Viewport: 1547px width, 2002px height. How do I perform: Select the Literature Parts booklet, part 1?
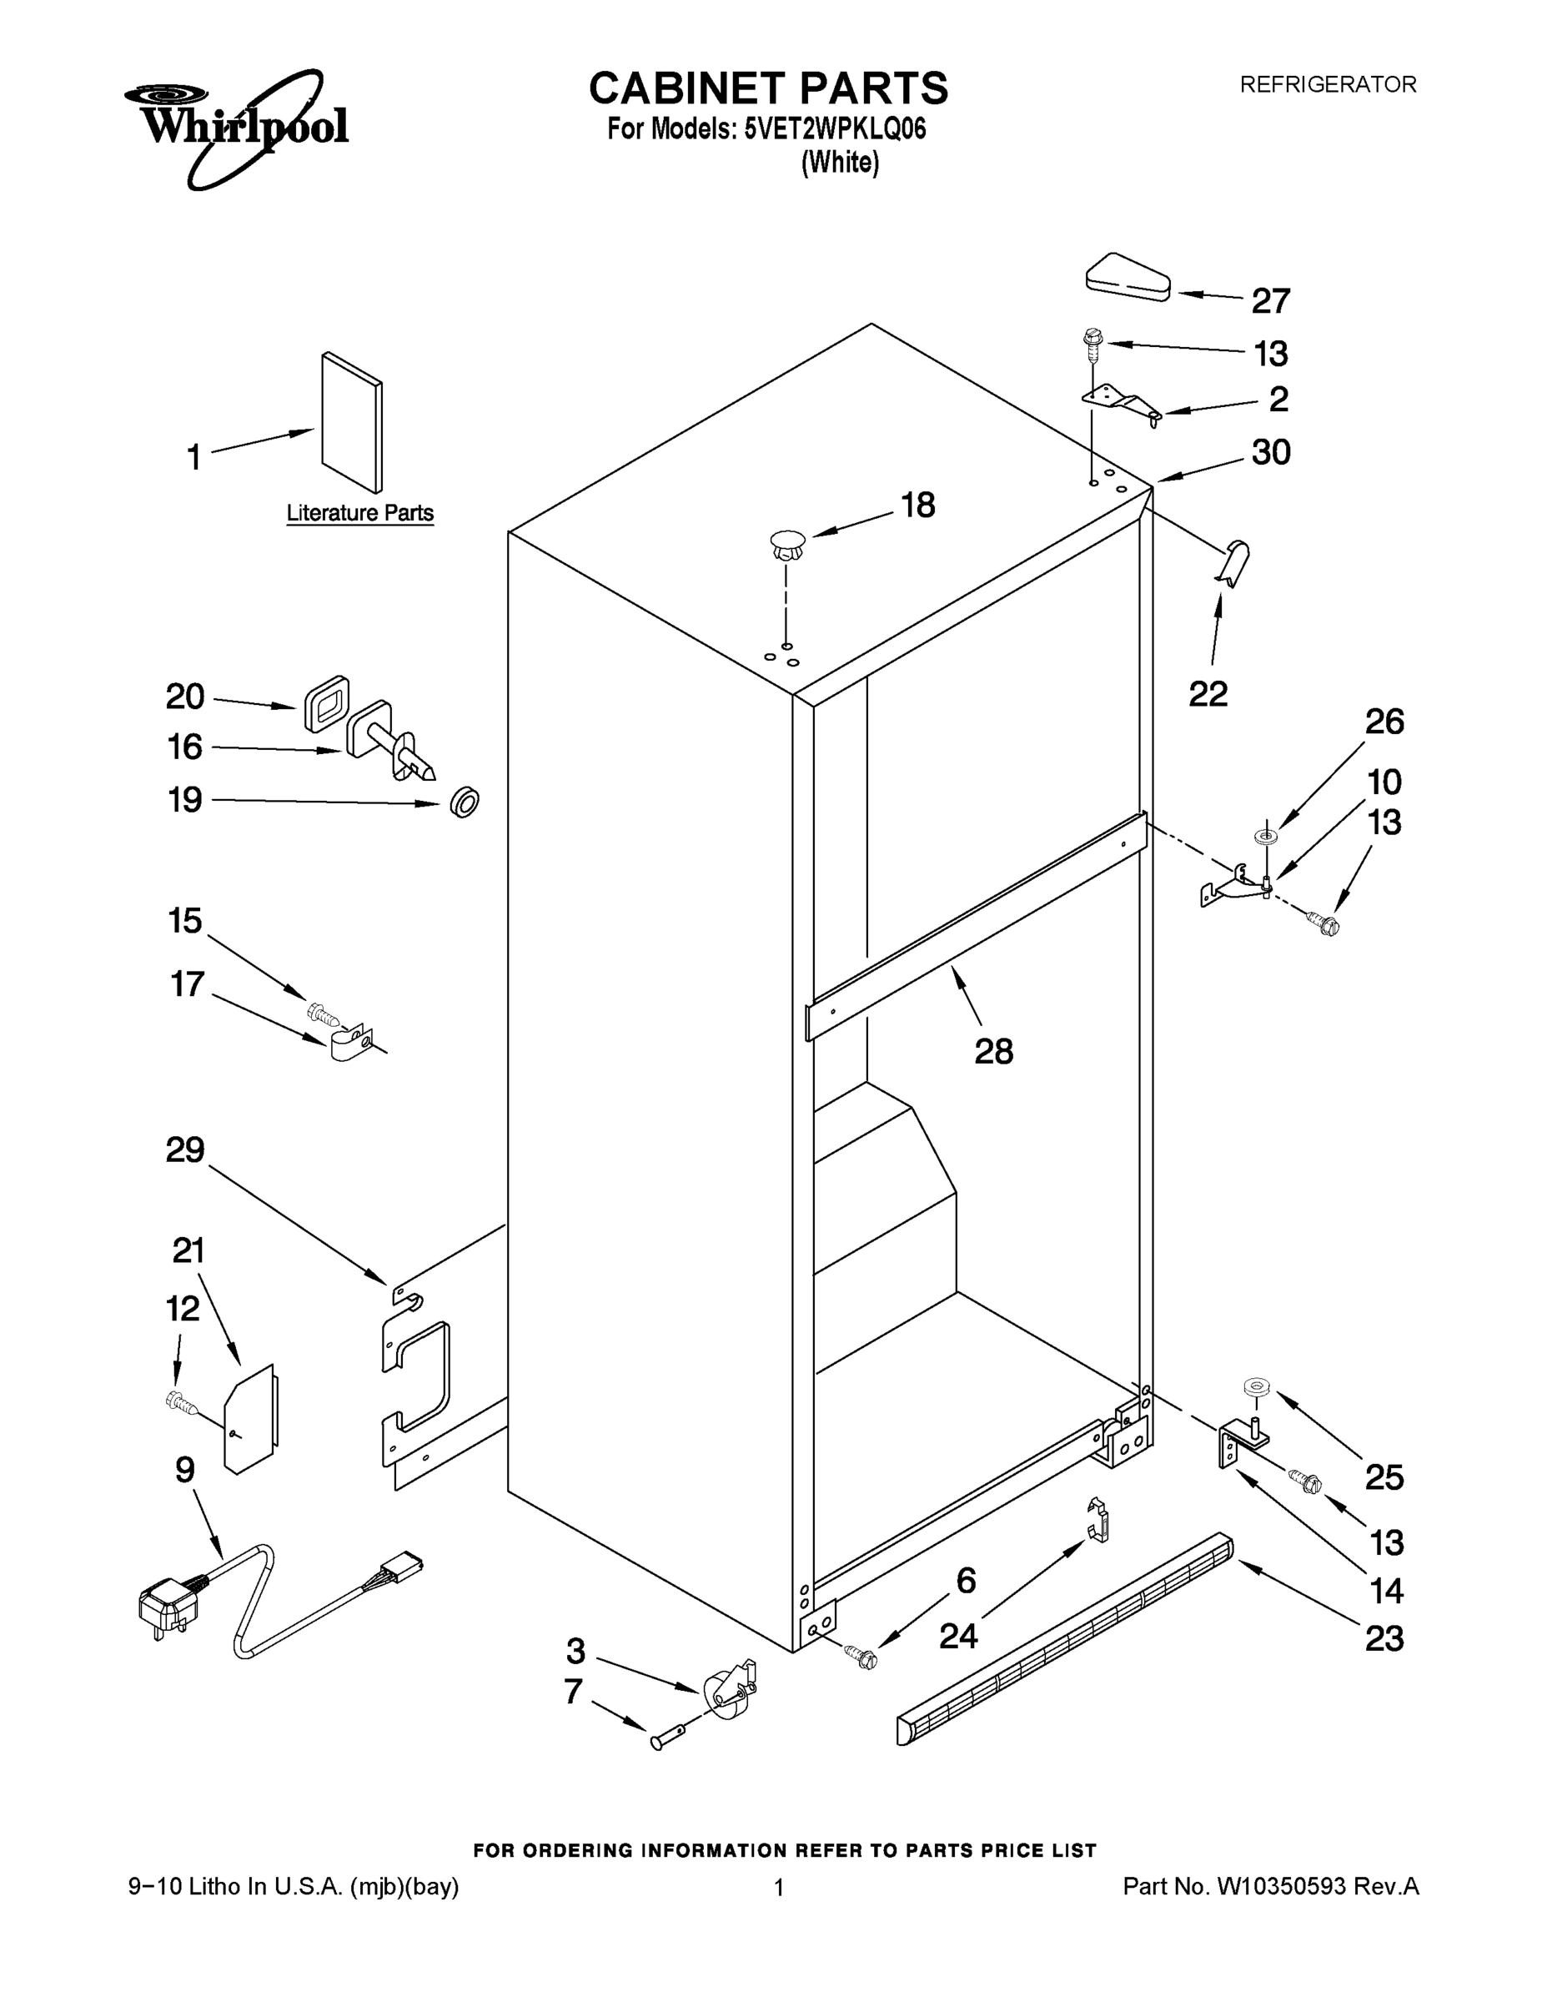[351, 421]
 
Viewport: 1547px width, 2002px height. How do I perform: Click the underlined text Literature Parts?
[359, 512]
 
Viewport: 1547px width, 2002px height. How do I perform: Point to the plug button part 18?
[786, 546]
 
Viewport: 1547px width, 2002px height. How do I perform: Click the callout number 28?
[993, 1051]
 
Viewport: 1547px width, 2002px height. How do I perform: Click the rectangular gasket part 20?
[326, 704]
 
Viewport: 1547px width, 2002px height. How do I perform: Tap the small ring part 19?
[465, 802]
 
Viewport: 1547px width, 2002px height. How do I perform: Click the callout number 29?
[185, 1149]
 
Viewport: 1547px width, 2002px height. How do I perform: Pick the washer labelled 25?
[1253, 1387]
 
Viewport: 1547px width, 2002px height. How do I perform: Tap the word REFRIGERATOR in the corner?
[1327, 84]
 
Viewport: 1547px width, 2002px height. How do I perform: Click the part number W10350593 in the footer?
[1279, 1887]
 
